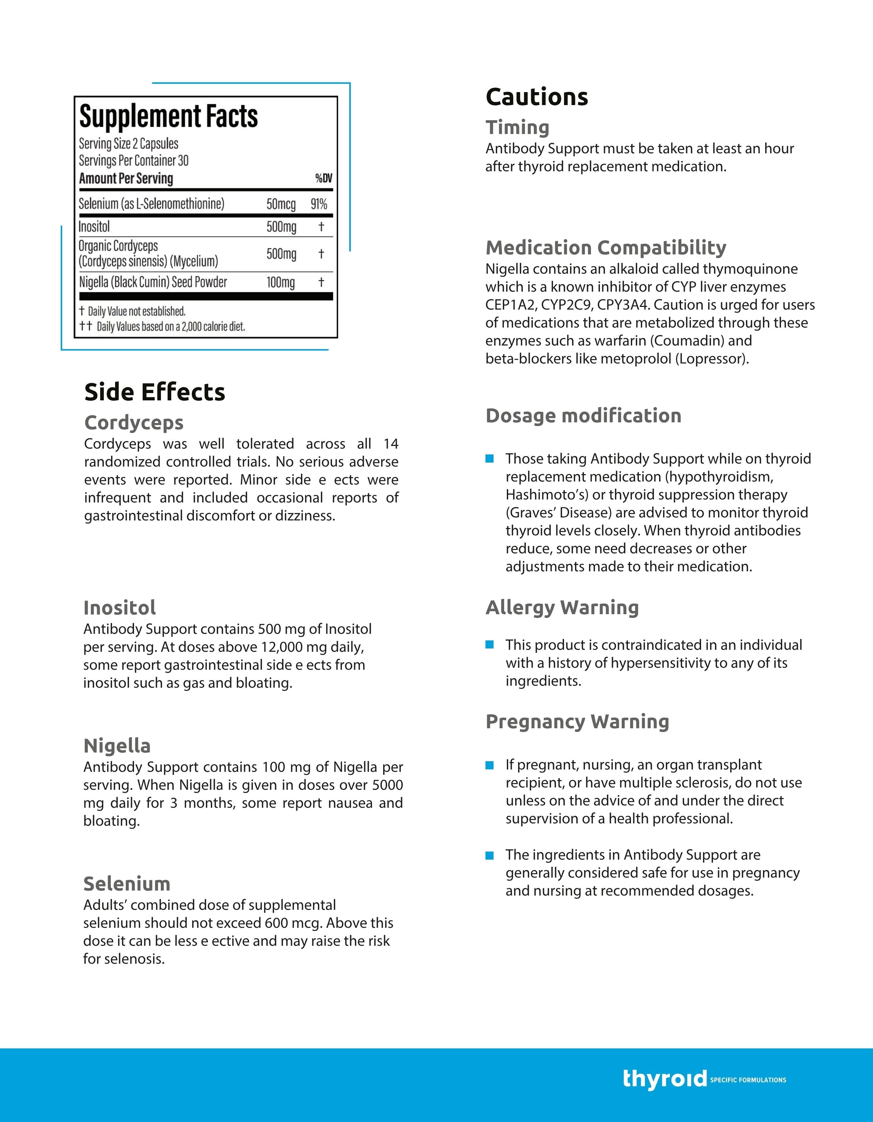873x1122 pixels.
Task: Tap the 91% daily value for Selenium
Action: pos(319,204)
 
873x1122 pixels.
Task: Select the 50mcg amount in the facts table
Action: pos(281,204)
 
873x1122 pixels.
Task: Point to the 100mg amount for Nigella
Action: pos(281,282)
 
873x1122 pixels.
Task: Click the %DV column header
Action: pos(324,178)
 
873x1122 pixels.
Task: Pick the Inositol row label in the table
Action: pos(94,226)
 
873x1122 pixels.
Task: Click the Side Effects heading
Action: pos(155,392)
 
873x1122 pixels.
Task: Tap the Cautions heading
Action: pos(536,97)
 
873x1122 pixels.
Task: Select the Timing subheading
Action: pos(517,127)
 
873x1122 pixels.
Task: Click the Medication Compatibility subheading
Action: pos(606,248)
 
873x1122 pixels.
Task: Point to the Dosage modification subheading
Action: pos(583,416)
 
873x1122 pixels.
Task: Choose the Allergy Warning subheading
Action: pos(562,607)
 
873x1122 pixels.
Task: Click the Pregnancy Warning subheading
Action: pos(577,721)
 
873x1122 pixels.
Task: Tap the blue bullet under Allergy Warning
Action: pos(490,645)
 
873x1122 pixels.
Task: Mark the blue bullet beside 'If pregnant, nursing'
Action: pos(490,765)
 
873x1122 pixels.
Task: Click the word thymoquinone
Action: pos(750,269)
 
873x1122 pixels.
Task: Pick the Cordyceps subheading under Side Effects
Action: pos(134,423)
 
